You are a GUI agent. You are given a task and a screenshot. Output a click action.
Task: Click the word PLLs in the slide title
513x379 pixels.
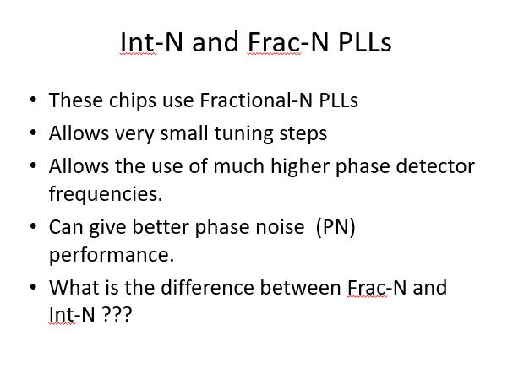(365, 42)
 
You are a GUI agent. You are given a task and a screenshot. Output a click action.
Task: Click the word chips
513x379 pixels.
(133, 100)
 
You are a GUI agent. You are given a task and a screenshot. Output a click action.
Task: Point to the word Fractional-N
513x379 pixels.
(256, 100)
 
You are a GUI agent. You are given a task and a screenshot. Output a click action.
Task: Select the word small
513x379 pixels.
(184, 133)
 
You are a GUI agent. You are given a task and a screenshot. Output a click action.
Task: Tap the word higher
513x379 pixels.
(300, 166)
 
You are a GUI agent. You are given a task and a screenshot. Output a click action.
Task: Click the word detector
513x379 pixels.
(435, 166)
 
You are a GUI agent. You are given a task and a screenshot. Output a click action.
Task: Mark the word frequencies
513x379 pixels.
(106, 194)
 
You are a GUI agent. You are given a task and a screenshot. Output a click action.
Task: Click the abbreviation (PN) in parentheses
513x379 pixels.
(336, 227)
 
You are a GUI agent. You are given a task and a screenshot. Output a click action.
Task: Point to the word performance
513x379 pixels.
(112, 256)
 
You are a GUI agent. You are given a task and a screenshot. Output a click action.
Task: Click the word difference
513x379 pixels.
(207, 288)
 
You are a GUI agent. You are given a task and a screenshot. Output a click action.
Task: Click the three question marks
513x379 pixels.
(117, 314)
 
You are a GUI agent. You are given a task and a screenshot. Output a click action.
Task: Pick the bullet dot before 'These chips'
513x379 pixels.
(33, 100)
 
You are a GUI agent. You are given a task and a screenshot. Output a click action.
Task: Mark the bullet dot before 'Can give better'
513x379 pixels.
(33, 227)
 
